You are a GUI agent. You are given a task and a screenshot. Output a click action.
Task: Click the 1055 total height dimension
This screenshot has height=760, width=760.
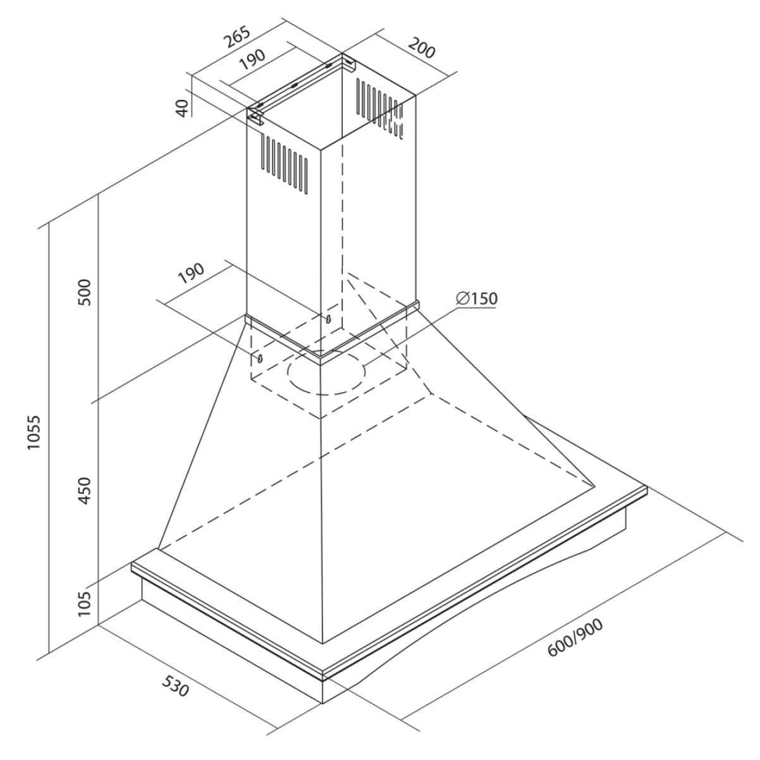[x=34, y=432]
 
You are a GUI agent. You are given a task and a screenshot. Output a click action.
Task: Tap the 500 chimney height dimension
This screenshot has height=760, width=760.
[x=85, y=292]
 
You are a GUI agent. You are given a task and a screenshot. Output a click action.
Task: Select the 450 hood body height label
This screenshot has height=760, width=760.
[x=85, y=491]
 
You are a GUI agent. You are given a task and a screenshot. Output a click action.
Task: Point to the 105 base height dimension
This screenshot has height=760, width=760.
[x=85, y=603]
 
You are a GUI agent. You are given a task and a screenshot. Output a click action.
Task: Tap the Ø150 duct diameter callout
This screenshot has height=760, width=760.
[x=477, y=298]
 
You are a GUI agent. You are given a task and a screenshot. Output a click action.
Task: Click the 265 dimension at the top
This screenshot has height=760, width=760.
[x=236, y=36]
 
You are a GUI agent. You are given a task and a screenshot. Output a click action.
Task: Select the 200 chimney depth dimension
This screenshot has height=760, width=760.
[x=422, y=47]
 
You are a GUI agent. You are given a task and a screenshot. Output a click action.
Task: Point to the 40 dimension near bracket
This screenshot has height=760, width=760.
[x=182, y=108]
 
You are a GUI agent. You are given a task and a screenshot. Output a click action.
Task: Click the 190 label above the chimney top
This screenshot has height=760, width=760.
[x=252, y=59]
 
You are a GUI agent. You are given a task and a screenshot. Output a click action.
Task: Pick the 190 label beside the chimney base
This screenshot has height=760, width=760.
[x=192, y=273]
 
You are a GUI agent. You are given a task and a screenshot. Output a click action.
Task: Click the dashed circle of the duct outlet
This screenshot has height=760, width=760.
[x=326, y=372]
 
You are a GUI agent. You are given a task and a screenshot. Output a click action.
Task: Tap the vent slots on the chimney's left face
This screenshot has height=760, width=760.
[x=284, y=164]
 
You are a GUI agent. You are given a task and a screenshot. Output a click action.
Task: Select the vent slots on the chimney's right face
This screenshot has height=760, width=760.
[x=380, y=107]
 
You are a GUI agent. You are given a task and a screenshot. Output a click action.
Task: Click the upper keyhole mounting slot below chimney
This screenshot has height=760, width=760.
[x=328, y=319]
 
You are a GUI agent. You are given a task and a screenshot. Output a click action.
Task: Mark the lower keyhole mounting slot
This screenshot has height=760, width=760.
[x=260, y=357]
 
